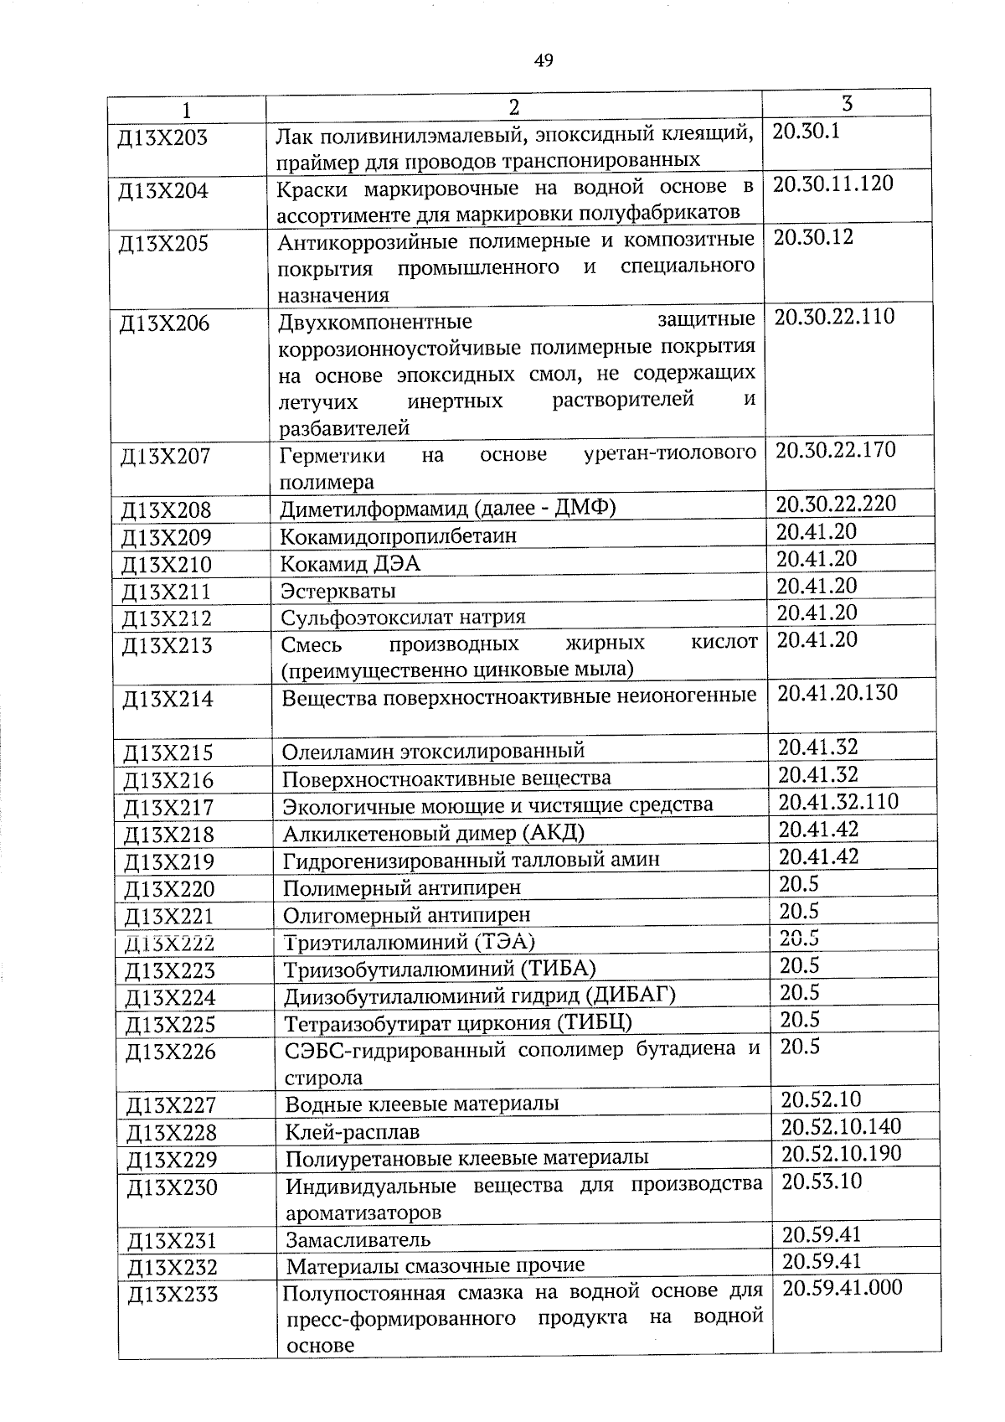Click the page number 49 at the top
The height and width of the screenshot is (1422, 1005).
(544, 60)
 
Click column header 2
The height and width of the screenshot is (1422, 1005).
(513, 107)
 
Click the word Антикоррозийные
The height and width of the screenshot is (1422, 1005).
(354, 243)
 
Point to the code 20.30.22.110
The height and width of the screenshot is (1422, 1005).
(834, 318)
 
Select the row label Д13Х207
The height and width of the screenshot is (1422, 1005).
(166, 458)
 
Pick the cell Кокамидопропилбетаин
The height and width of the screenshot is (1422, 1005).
(399, 536)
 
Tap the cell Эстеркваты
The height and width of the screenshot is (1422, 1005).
(338, 592)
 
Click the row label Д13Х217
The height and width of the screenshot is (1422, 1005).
(169, 808)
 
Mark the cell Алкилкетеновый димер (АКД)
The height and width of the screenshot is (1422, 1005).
(433, 833)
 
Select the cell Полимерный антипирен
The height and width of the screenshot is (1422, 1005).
(402, 887)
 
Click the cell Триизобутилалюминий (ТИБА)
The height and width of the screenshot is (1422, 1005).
(440, 970)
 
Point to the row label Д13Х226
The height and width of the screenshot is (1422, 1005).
(171, 1052)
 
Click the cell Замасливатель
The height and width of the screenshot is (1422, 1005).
(358, 1239)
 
